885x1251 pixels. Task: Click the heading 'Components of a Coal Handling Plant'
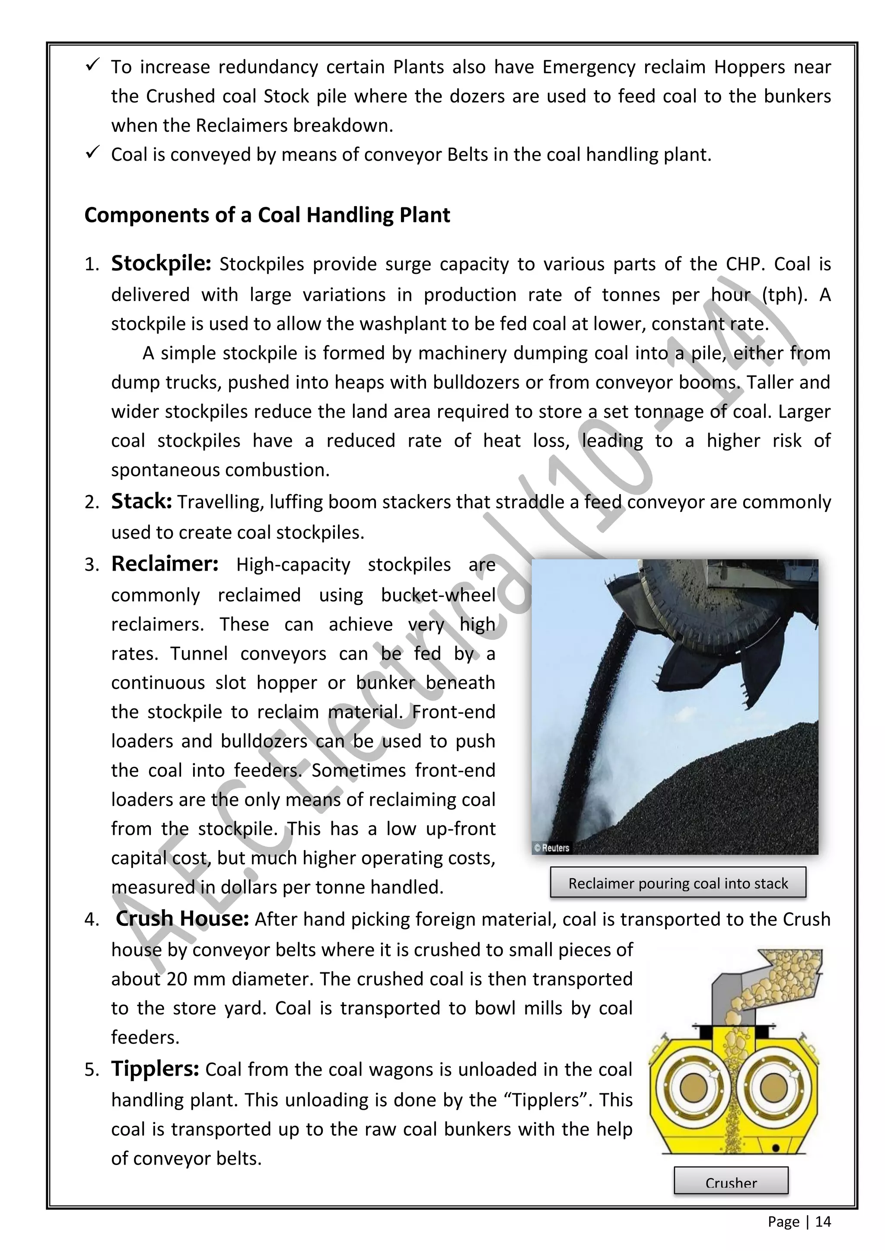point(267,215)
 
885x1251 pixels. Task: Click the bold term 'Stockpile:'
point(161,264)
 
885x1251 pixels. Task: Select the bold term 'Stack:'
point(141,501)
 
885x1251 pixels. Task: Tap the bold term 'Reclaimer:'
point(165,564)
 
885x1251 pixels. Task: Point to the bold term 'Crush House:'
point(182,919)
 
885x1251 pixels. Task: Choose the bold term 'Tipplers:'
point(155,1069)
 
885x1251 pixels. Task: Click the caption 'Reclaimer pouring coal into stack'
point(678,883)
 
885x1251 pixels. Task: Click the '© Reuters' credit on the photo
point(551,848)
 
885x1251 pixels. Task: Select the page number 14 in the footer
point(823,1222)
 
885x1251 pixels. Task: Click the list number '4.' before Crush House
point(92,920)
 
